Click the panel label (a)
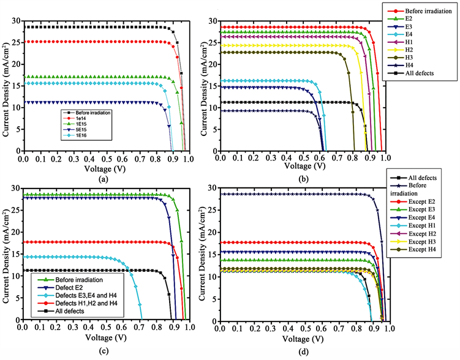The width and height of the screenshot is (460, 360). pos(104,179)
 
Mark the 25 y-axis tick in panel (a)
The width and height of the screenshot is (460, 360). pos(15,42)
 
